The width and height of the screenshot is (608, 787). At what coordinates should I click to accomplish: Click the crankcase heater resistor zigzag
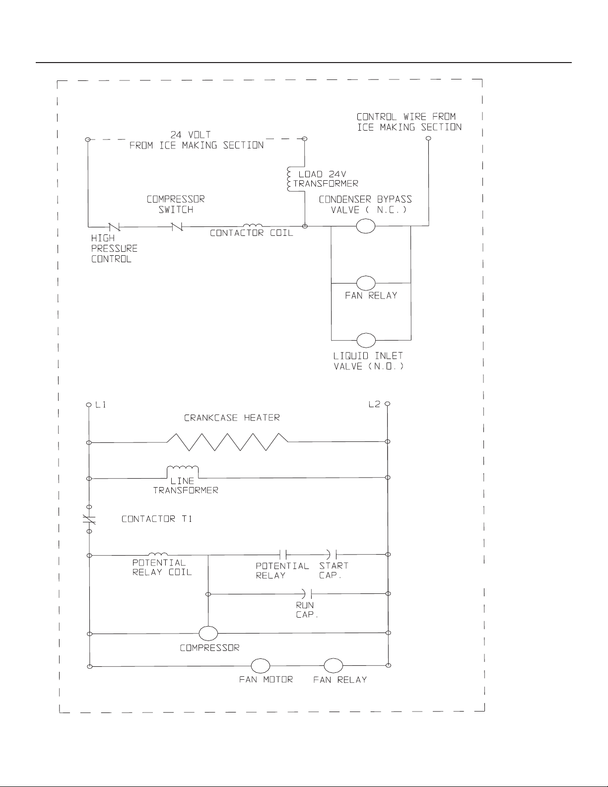coord(227,442)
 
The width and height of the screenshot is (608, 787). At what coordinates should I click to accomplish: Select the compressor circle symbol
coord(208,634)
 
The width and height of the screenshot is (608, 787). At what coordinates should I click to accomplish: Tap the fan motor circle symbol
coord(260,666)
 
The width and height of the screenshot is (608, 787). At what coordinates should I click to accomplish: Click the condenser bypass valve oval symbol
coord(365,226)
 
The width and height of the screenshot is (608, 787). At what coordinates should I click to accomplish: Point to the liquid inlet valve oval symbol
coord(366,340)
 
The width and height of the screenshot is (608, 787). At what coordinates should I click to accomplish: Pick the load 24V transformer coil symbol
coord(289,179)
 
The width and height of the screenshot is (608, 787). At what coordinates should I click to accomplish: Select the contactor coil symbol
coord(253,225)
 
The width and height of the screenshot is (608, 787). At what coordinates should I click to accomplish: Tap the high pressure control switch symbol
coord(114,227)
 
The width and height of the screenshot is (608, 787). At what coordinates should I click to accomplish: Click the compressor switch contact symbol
coord(177,227)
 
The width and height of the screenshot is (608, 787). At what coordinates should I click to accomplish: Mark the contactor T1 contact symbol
coord(89,519)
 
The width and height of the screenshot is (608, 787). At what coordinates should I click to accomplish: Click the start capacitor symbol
coord(332,554)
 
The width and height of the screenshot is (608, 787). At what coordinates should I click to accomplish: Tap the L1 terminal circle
coord(89,405)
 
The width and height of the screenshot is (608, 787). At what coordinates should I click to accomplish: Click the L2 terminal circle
coord(387,404)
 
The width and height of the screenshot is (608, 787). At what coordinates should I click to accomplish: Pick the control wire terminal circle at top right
coord(428,139)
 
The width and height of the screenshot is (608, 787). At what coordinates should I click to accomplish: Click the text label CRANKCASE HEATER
coord(232,418)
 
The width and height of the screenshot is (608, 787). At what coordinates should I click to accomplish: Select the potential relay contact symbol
coord(283,554)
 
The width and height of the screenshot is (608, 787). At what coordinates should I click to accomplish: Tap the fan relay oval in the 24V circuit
coord(365,283)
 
